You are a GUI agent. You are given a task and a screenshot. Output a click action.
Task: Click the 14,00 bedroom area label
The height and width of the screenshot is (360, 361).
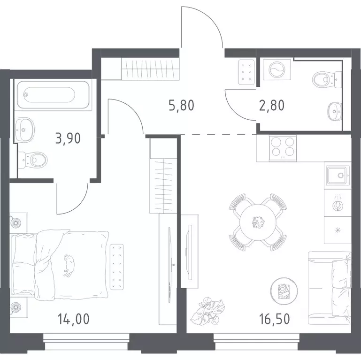[73, 319]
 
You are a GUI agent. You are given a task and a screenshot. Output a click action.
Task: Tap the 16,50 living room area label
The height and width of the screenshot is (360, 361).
[275, 319]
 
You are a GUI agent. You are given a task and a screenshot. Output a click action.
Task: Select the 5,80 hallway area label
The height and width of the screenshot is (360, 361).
[181, 105]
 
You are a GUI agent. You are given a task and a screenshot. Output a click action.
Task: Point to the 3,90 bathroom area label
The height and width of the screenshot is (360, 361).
[68, 138]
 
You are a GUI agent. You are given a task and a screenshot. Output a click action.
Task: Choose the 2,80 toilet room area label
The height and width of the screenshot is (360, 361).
[272, 105]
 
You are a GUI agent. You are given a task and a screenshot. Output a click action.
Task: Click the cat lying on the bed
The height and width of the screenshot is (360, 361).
[69, 265]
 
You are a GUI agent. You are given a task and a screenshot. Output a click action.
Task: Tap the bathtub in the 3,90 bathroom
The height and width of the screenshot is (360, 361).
[53, 95]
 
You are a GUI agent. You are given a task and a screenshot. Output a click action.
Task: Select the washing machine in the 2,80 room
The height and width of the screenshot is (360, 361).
[277, 70]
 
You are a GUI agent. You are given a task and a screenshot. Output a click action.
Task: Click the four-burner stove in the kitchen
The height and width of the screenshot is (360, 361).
[283, 148]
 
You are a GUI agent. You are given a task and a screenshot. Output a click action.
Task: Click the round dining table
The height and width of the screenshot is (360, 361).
[258, 222]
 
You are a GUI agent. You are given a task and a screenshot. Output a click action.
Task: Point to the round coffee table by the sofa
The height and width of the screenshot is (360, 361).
[284, 291]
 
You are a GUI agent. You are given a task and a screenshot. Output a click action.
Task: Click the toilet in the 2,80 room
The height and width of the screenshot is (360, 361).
[327, 80]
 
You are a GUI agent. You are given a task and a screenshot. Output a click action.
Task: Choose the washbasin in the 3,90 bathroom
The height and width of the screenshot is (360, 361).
[24, 130]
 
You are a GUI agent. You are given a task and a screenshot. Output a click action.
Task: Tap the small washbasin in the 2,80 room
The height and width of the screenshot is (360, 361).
[335, 111]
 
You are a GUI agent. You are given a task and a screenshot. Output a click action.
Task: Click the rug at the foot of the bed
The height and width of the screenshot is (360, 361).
[117, 267]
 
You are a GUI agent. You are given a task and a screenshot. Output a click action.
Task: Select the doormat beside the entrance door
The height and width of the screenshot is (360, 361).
[246, 72]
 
